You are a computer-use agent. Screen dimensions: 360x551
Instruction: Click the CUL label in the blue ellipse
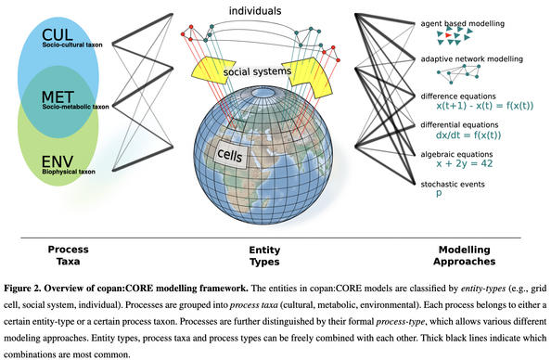pos(58,34)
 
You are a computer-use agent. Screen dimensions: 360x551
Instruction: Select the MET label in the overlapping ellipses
pos(58,96)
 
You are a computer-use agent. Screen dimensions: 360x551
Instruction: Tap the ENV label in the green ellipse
pos(57,161)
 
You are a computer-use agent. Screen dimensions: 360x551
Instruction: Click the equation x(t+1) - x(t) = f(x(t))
pos(483,107)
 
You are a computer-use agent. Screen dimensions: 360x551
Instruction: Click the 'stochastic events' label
pos(454,184)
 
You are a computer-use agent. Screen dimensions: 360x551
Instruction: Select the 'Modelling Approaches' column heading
pos(472,255)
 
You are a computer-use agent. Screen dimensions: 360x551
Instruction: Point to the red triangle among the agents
pos(450,36)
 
